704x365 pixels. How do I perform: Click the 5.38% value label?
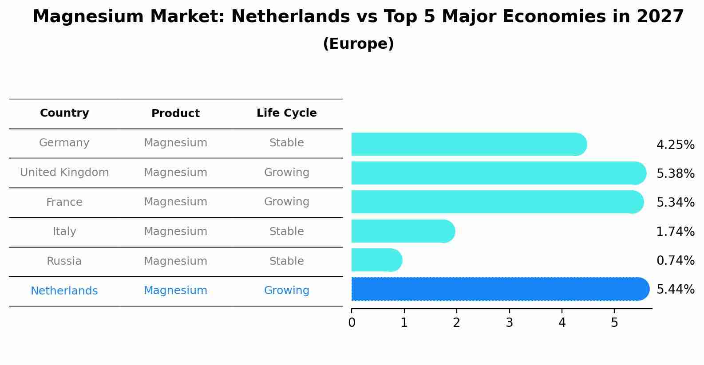click(675, 173)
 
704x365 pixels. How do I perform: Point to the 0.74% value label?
click(675, 260)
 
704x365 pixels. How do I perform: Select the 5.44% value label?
click(675, 289)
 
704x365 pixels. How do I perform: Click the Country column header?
click(64, 113)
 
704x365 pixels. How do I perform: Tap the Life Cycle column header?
click(286, 113)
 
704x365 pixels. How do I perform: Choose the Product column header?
click(175, 114)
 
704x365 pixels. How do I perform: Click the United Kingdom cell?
click(64, 173)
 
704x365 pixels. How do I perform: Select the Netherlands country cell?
click(64, 291)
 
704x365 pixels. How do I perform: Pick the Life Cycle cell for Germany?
click(286, 143)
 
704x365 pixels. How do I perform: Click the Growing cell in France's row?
click(286, 202)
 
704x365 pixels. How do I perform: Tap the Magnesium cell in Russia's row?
click(175, 261)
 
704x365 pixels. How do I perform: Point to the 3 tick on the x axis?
click(509, 322)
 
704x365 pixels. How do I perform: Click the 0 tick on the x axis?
click(352, 322)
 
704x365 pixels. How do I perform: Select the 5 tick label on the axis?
click(614, 322)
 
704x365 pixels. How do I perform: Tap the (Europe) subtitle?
click(358, 44)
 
